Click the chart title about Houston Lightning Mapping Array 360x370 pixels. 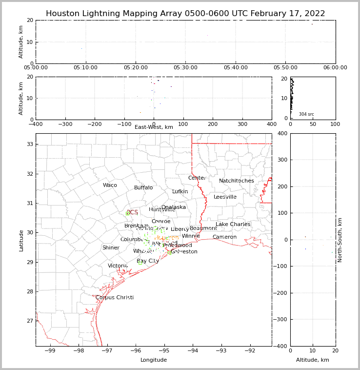[x=185, y=14]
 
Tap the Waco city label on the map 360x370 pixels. [x=110, y=185]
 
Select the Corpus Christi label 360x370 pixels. [x=115, y=298]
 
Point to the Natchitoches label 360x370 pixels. [x=237, y=181]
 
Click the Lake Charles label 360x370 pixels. [x=233, y=225]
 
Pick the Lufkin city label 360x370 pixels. [x=180, y=192]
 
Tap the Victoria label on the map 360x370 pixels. [x=118, y=266]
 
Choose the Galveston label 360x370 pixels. [x=184, y=252]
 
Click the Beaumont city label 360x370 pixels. [x=203, y=228]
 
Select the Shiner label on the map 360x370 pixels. [x=111, y=248]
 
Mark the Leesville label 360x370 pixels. [x=225, y=197]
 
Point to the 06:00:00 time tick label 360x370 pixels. [x=335, y=68]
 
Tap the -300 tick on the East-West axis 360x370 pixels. [x=65, y=124]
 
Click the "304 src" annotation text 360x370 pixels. [x=306, y=114]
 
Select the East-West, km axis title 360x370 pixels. [x=154, y=127]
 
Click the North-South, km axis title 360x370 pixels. [x=340, y=240]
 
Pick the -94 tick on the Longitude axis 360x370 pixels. [x=192, y=351]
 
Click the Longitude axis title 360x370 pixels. [x=154, y=360]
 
